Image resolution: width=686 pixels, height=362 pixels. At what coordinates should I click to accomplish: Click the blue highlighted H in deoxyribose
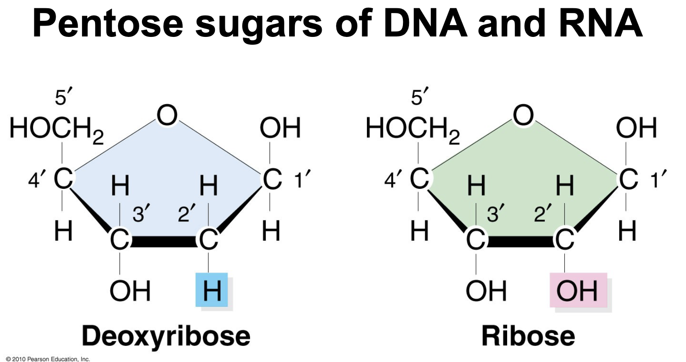pyautogui.click(x=212, y=290)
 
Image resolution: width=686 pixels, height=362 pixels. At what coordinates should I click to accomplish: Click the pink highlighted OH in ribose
pyautogui.click(x=577, y=290)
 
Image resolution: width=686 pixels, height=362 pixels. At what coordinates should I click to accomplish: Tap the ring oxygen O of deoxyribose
pyautogui.click(x=167, y=115)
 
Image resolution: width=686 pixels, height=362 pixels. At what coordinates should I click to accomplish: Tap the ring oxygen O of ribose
pyautogui.click(x=523, y=115)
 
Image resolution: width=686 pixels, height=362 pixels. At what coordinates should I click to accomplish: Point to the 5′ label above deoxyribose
pyautogui.click(x=63, y=96)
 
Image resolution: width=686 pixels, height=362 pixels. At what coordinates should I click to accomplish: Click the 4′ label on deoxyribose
pyautogui.click(x=35, y=179)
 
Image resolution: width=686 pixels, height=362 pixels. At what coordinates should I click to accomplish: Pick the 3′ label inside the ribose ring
pyautogui.click(x=494, y=214)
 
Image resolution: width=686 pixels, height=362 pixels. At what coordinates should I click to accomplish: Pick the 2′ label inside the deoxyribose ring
pyautogui.click(x=187, y=214)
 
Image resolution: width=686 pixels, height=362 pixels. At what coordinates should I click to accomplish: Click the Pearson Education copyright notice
pyautogui.click(x=48, y=359)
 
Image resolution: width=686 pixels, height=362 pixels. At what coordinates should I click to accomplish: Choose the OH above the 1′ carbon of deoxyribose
pyautogui.click(x=280, y=128)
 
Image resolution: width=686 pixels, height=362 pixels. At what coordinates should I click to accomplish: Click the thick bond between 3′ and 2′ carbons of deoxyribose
pyautogui.click(x=164, y=241)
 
